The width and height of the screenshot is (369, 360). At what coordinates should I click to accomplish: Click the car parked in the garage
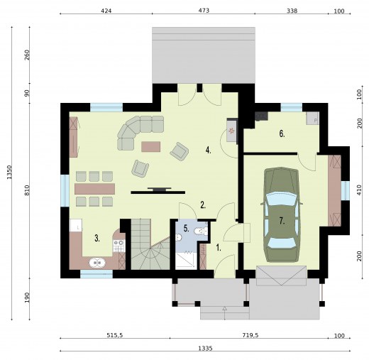coord(280,215)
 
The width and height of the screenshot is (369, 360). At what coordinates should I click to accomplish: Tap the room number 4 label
coord(208,150)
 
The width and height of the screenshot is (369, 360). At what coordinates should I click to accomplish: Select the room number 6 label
coord(282,133)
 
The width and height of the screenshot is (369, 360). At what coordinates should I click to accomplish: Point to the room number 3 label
coord(97,238)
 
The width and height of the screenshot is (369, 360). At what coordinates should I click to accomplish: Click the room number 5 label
coord(186,229)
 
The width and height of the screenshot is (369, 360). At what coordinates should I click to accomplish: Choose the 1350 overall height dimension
coord(9,172)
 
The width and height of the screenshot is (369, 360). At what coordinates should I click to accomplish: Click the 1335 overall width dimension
coord(205,348)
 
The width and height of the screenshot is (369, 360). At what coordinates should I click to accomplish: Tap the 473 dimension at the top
coord(204,11)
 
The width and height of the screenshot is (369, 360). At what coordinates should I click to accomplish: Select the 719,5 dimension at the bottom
coord(250,335)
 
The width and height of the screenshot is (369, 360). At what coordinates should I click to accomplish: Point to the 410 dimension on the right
coord(359,190)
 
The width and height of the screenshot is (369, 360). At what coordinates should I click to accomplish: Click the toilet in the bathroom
coord(201,231)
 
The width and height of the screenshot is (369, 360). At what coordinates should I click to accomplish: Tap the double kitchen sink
coord(97,263)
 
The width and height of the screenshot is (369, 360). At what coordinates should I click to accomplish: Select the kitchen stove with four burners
coord(119,246)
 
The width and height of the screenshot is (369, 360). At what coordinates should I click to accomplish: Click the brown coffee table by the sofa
coord(151,146)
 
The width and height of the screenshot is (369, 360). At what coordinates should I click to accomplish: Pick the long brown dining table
coord(94,189)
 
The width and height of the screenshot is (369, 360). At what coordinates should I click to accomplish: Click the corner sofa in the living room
coord(137,129)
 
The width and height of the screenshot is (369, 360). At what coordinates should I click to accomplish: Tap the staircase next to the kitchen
coord(150,244)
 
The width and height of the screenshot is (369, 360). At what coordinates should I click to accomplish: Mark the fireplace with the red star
coord(232,130)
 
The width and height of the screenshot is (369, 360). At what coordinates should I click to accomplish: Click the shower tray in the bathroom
coord(186,261)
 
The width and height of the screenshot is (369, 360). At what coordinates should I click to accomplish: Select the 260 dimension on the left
coord(27,55)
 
